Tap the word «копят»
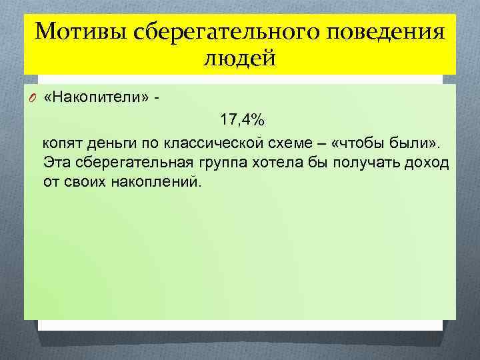point(62,145)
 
